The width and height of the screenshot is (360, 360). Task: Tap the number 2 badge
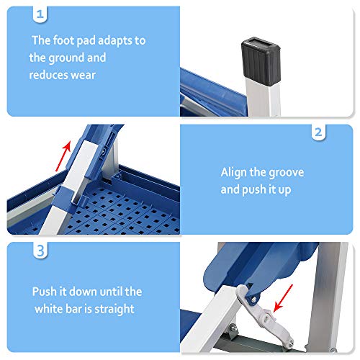tap(318, 133)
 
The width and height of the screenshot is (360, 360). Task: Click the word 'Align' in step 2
tap(237, 173)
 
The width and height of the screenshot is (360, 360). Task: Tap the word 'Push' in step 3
tap(45, 292)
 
